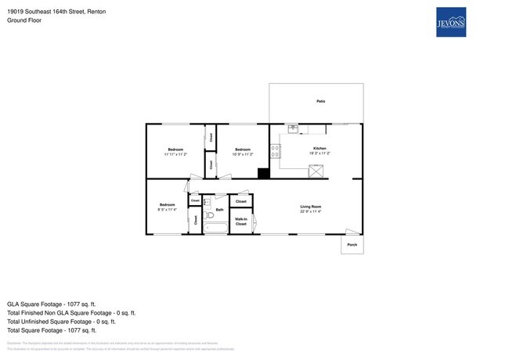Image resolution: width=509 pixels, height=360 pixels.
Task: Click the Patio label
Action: pyautogui.click(x=320, y=102)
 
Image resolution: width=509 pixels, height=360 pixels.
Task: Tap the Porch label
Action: pyautogui.click(x=352, y=244)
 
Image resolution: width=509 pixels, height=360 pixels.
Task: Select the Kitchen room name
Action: pyautogui.click(x=319, y=148)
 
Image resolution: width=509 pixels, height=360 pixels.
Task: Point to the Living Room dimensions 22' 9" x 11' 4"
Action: pyautogui.click(x=311, y=211)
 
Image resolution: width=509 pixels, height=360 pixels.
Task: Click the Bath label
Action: pyautogui.click(x=220, y=210)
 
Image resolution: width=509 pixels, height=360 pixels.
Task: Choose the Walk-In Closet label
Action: pyautogui.click(x=241, y=221)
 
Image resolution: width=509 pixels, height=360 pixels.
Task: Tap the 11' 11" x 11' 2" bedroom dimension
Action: pyautogui.click(x=175, y=154)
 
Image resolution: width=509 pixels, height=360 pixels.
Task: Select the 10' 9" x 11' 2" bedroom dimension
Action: pyautogui.click(x=243, y=154)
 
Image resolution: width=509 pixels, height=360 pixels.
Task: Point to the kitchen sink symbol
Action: pyautogui.click(x=292, y=129)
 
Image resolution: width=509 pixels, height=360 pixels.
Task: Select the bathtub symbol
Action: pyautogui.click(x=215, y=228)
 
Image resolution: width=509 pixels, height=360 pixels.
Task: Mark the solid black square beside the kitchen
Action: pyautogui.click(x=264, y=173)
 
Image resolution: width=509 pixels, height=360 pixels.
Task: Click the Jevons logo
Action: pyautogui.click(x=451, y=23)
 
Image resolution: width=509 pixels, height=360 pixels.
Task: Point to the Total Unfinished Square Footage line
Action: pyautogui.click(x=61, y=321)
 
